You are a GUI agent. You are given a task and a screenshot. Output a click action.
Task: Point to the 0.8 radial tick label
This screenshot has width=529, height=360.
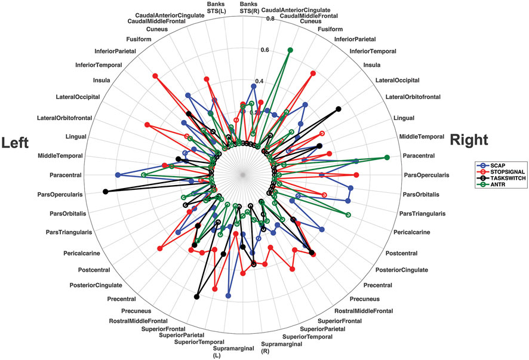tap(270, 19)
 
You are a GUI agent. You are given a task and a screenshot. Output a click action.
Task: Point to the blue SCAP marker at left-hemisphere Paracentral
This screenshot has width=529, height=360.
tap(118, 174)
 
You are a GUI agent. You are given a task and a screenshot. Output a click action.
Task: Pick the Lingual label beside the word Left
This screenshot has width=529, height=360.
tap(77, 136)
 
